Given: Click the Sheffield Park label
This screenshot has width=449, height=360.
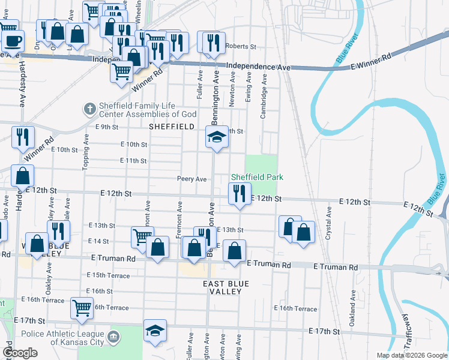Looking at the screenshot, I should (x=258, y=177).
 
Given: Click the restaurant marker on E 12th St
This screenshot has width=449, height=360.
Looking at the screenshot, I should (x=239, y=194).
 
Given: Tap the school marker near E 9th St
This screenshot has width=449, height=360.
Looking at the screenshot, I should (x=217, y=136).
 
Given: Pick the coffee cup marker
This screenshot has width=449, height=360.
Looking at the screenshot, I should (x=13, y=41).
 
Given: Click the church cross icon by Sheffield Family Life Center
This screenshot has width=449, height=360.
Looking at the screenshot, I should (x=89, y=109).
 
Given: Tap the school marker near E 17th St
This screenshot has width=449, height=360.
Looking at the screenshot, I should (x=155, y=330).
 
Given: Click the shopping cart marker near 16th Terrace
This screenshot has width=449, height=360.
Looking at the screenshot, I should (x=82, y=308).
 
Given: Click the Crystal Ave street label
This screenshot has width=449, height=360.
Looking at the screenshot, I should (x=328, y=224).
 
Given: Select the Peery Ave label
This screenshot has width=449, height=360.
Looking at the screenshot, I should (x=191, y=179).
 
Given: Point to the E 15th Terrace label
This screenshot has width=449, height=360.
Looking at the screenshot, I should (x=108, y=275).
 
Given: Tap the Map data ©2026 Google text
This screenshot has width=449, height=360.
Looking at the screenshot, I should (x=412, y=355).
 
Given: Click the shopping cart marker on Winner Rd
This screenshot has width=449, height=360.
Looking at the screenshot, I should (x=122, y=71).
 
